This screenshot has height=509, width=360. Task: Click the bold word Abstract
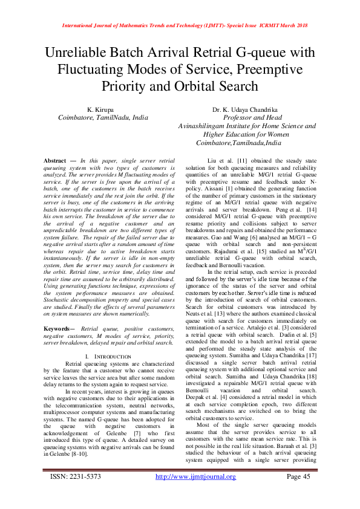pyautogui.click(x=55, y=160)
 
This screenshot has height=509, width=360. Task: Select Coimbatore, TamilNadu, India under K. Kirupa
pyautogui.click(x=102, y=117)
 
